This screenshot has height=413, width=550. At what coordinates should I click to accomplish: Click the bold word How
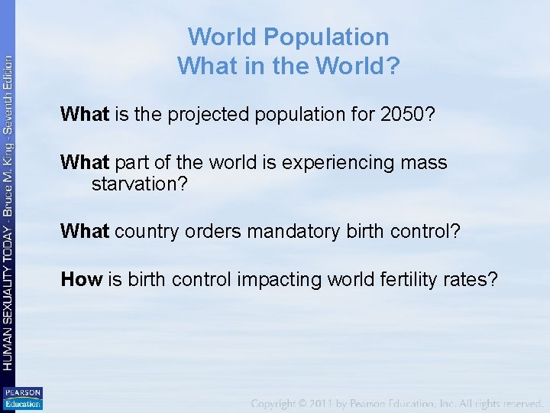click(x=82, y=279)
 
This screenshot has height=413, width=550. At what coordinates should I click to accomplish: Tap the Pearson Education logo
click(x=23, y=398)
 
